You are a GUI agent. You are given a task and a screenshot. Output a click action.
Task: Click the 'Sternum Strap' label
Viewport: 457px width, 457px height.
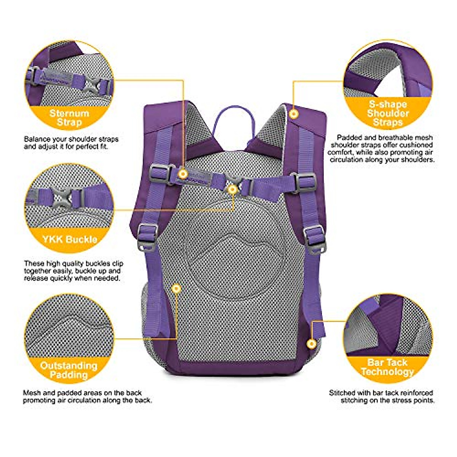(x=69, y=118)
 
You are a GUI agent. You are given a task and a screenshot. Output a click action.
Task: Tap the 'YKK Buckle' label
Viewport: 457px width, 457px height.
(x=70, y=240)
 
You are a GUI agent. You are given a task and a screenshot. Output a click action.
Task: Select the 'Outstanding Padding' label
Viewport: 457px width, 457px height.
(x=69, y=370)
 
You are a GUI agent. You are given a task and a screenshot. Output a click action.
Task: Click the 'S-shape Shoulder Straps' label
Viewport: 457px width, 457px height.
(x=388, y=113)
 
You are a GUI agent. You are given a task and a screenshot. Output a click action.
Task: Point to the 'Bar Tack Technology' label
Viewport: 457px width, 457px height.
(x=387, y=367)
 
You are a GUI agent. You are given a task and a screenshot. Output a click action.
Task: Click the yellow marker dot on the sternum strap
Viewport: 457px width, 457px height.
(x=183, y=174)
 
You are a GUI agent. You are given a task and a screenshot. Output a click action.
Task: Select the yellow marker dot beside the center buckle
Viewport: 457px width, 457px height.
(x=232, y=189)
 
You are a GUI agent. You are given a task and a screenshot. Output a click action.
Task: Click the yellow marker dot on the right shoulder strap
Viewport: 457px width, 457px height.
(x=293, y=113)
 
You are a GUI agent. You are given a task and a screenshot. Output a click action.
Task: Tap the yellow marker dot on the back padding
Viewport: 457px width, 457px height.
(x=176, y=289)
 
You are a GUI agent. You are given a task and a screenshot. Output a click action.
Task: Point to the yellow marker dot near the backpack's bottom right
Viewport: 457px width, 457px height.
(x=312, y=344)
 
